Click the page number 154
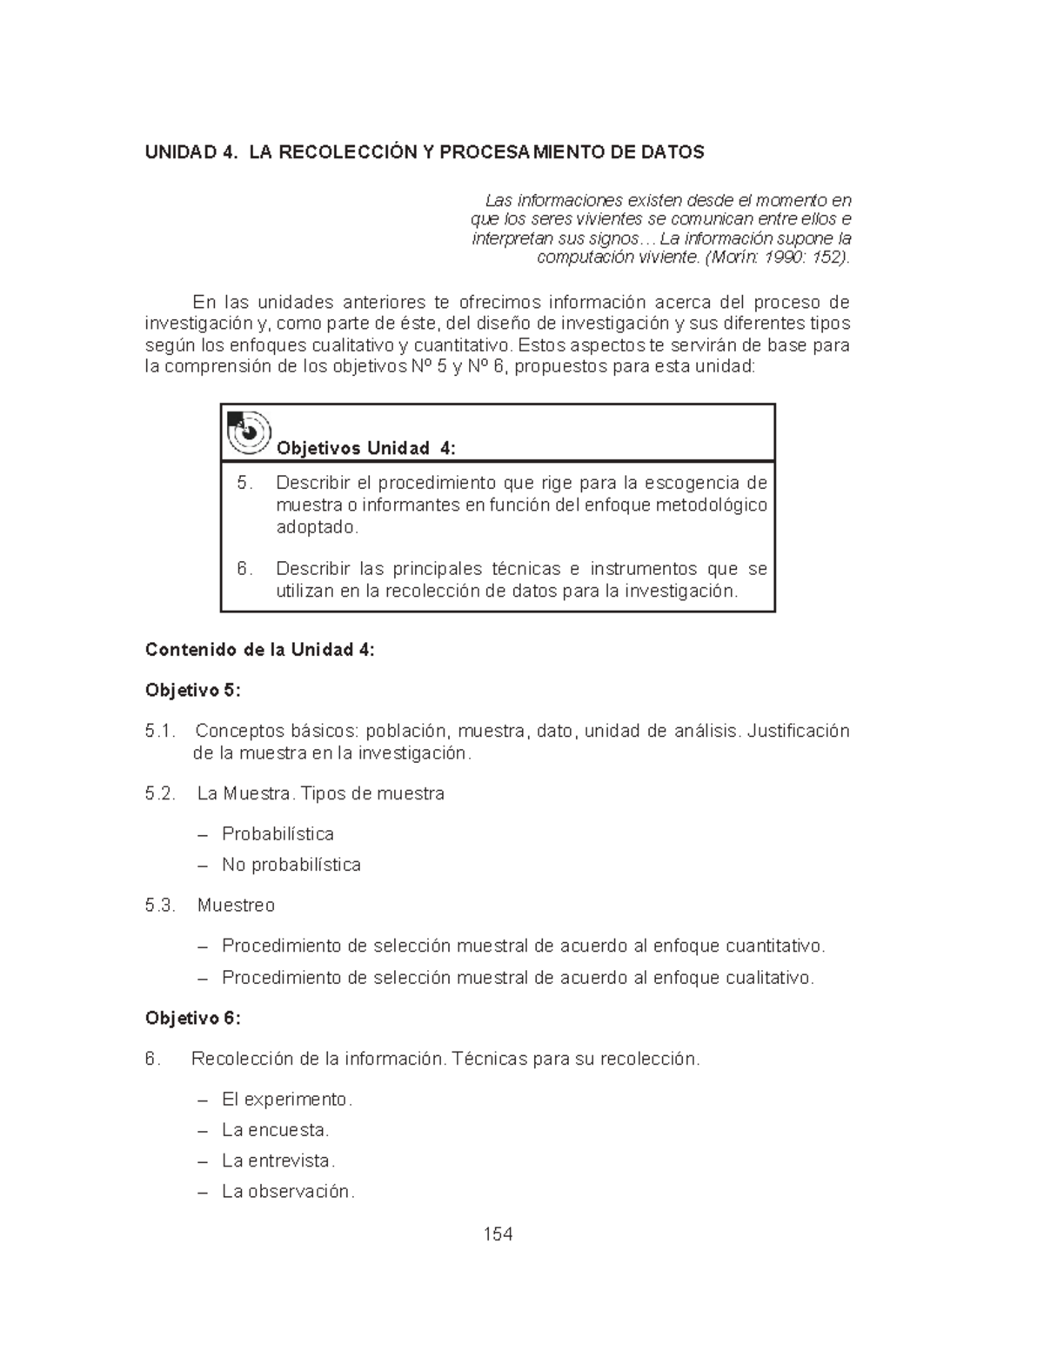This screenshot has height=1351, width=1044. [498, 1234]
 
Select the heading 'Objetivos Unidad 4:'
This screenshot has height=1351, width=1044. [365, 448]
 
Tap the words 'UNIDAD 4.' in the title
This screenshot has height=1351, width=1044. [191, 153]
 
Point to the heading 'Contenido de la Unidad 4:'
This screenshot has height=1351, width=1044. [260, 650]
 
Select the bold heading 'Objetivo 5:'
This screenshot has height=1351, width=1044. [192, 691]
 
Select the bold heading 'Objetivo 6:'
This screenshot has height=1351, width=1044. [192, 1018]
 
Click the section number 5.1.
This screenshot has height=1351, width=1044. [161, 731]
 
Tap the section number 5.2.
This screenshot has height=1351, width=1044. [161, 793]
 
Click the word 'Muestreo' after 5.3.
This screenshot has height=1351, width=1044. [236, 906]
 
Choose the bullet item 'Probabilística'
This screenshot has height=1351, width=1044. [278, 834]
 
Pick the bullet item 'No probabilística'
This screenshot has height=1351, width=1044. [291, 865]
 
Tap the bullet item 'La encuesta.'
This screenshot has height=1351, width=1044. [275, 1130]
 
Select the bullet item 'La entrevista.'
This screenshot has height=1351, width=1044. [278, 1160]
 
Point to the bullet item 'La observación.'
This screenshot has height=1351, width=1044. [288, 1192]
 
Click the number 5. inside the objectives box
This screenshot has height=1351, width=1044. [245, 483]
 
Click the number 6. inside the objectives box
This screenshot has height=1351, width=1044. [245, 569]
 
